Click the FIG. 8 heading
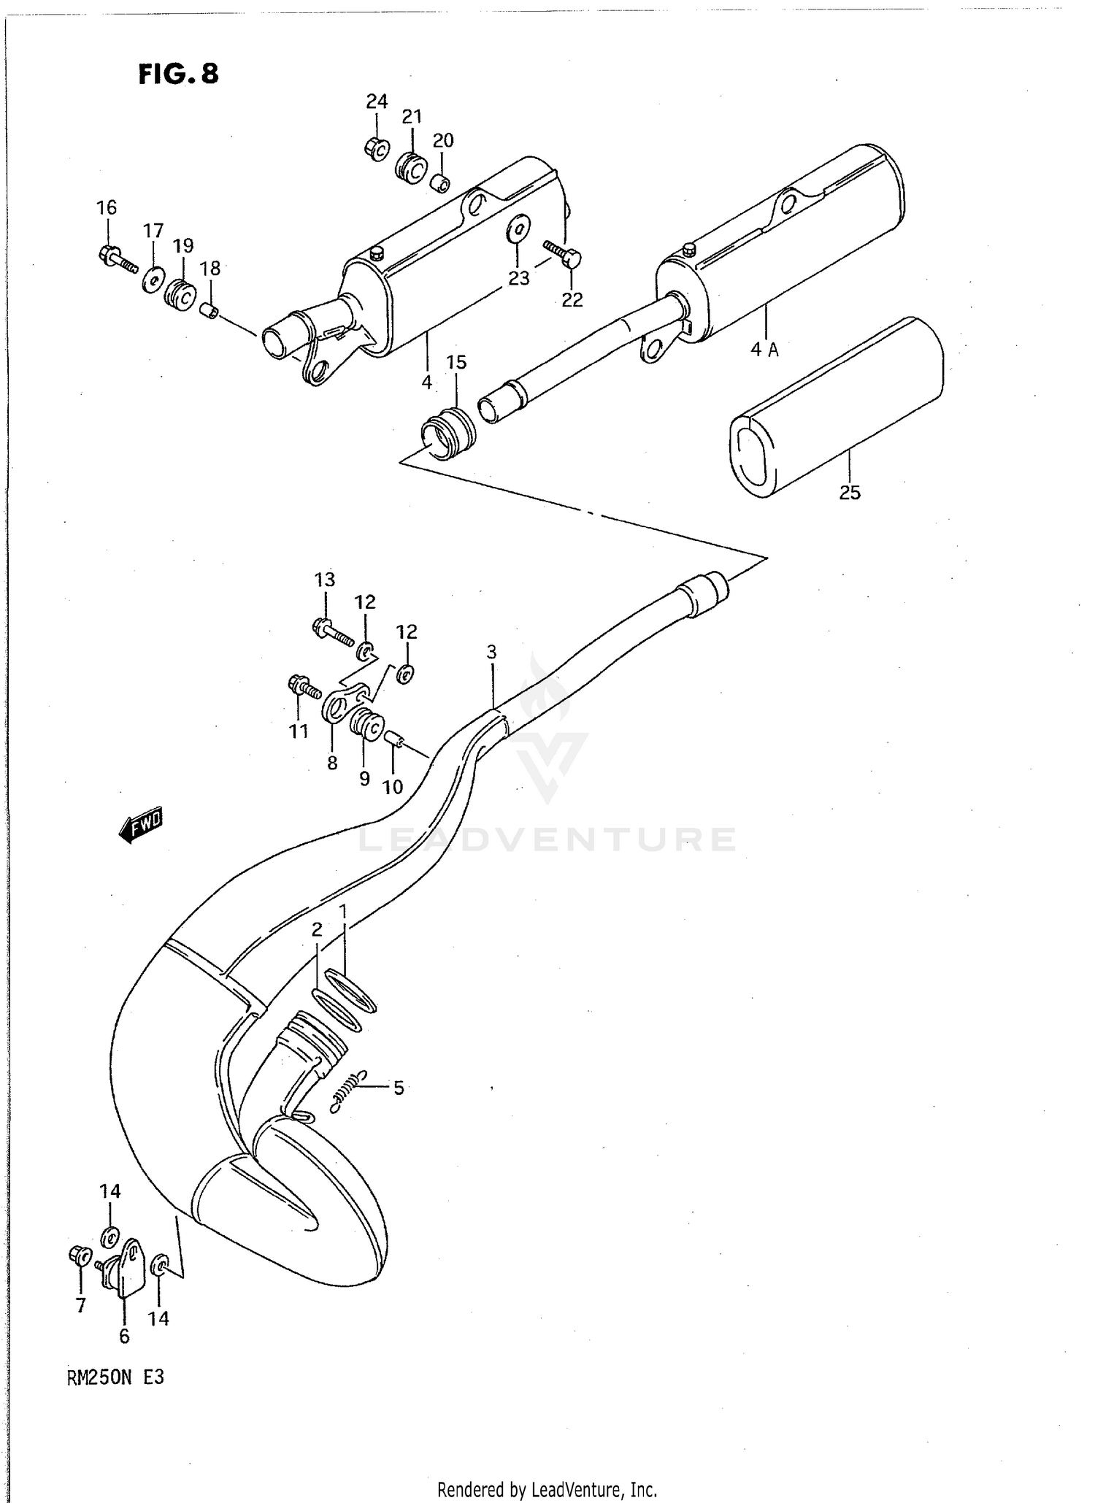click(178, 74)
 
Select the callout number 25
click(850, 493)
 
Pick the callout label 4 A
click(764, 350)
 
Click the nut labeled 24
click(377, 149)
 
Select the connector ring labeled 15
click(449, 431)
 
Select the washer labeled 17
click(153, 280)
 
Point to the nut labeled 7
click(79, 1255)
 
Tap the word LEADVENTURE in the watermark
click(547, 839)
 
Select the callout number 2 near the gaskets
click(316, 929)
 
